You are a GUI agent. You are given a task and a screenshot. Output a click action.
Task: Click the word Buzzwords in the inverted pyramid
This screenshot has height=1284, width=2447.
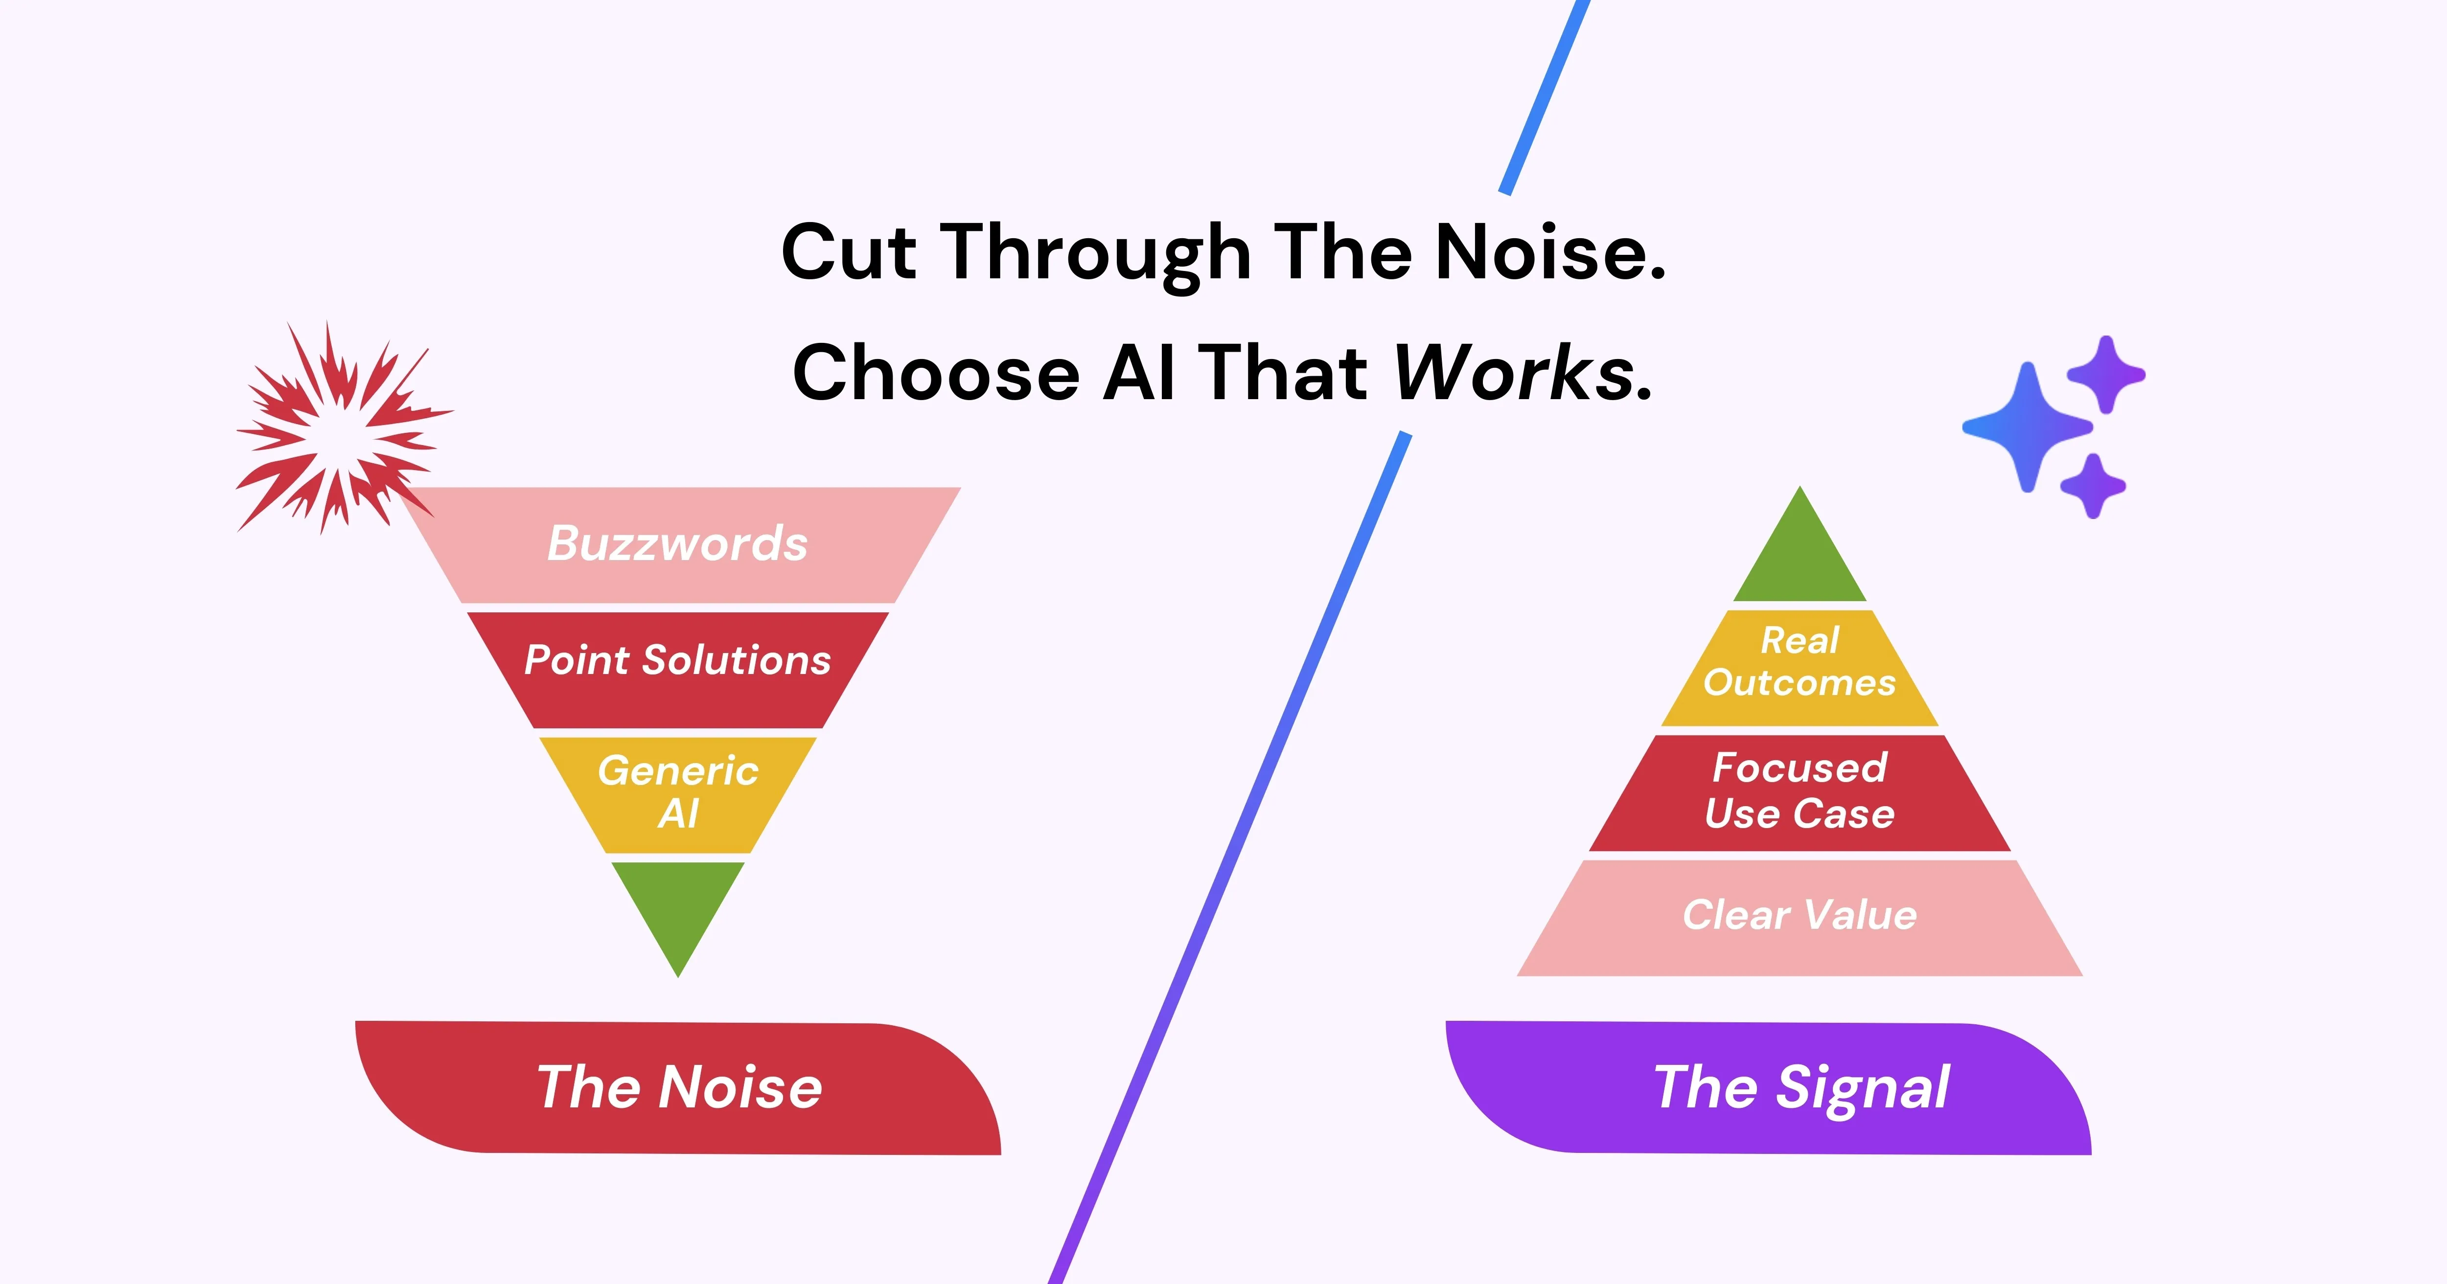[x=677, y=544]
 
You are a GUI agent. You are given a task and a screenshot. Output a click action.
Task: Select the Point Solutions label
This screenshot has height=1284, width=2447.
[x=677, y=660]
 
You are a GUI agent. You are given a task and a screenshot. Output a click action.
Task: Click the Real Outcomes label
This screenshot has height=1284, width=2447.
[x=1799, y=662]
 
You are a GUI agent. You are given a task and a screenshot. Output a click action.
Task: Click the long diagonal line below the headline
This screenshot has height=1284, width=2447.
[x=1230, y=855]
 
